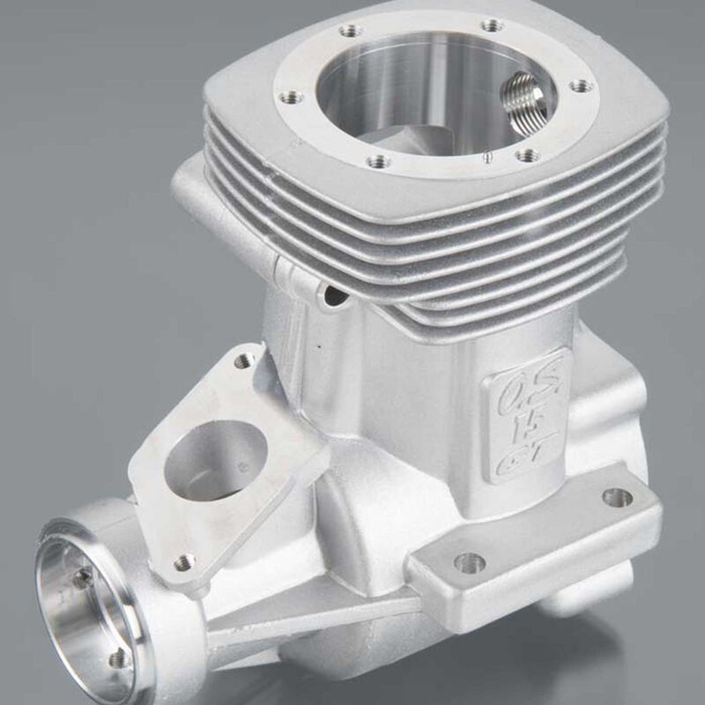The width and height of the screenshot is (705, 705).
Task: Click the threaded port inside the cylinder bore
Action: [x=527, y=98]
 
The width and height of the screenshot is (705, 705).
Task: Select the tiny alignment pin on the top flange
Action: [x=487, y=157]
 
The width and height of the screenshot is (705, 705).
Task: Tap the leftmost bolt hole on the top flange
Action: [x=293, y=97]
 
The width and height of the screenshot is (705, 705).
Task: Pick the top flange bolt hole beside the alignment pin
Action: [x=527, y=155]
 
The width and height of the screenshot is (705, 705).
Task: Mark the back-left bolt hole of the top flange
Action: [x=350, y=31]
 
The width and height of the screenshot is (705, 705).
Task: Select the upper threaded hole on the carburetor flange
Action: [x=244, y=360]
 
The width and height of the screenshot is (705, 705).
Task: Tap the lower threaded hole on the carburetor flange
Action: [x=183, y=561]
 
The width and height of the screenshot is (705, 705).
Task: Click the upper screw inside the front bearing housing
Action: [x=83, y=578]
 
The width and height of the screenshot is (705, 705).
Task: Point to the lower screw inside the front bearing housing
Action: [x=115, y=659]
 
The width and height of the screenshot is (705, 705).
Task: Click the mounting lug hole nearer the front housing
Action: [x=469, y=561]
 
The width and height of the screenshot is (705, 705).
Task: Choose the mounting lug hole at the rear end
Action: [x=617, y=497]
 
